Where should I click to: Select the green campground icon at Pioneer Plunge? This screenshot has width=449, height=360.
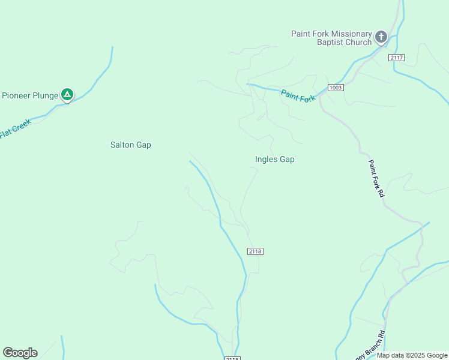click(x=68, y=94)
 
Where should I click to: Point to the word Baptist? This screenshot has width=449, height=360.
click(x=332, y=42)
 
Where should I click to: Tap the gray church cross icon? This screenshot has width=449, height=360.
click(x=381, y=38)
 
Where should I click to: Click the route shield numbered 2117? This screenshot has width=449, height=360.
click(x=396, y=58)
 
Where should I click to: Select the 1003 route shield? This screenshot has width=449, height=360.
click(x=336, y=88)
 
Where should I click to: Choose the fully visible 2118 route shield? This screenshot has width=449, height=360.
click(x=255, y=251)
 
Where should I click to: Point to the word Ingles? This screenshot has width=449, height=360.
click(x=265, y=160)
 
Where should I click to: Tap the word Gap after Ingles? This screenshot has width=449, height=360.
click(x=286, y=160)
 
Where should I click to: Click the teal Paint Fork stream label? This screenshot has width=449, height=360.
click(x=298, y=95)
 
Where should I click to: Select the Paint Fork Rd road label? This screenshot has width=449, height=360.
click(x=376, y=179)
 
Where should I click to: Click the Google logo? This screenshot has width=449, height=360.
click(x=20, y=353)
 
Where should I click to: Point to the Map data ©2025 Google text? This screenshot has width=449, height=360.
click(x=412, y=355)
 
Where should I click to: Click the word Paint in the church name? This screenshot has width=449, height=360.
click(x=303, y=34)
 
